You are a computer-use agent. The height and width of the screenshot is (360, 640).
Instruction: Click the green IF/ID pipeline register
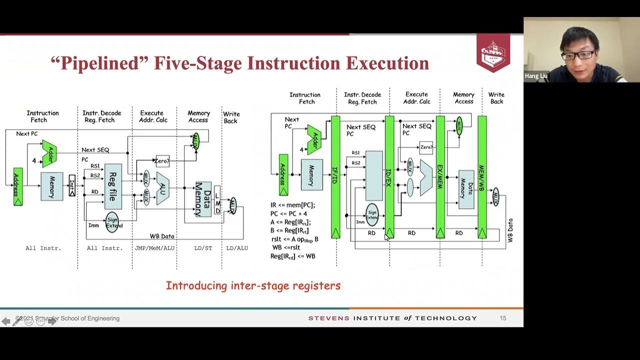point(335,177)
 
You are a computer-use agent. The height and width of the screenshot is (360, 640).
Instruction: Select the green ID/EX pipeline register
point(389,177)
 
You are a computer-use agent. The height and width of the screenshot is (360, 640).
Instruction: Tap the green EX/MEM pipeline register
point(440,177)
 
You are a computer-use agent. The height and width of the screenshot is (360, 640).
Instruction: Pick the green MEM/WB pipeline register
point(482,177)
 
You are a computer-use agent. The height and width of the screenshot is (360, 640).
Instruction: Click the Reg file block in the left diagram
point(113,186)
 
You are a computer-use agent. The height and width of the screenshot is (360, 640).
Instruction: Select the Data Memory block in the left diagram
point(203,199)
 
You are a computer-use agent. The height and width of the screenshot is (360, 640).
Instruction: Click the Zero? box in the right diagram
point(426,147)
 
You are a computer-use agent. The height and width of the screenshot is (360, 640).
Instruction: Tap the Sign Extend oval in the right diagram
point(372,214)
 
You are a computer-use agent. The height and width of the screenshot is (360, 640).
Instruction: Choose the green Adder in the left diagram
point(50,153)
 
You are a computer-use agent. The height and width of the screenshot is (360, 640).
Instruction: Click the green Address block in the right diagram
point(283,174)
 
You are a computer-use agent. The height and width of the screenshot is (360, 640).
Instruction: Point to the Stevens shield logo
point(493,52)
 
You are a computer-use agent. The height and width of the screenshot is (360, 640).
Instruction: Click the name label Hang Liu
point(536,76)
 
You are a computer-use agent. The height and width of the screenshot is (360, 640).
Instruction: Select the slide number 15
point(503,318)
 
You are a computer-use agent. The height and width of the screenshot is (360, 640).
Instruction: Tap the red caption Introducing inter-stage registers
point(253,286)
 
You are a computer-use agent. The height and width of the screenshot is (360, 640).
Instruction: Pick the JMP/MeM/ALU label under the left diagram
point(155,248)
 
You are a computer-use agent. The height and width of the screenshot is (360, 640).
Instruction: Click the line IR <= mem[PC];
point(293,205)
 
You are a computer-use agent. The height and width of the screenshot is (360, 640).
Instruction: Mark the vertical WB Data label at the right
point(510,230)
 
